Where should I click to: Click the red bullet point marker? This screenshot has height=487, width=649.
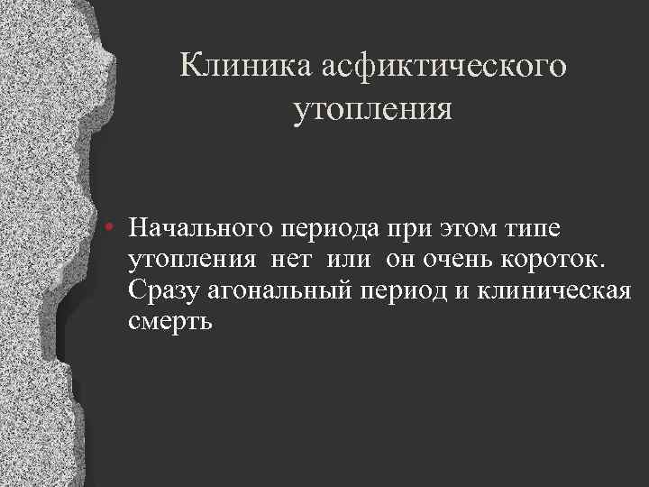107,226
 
